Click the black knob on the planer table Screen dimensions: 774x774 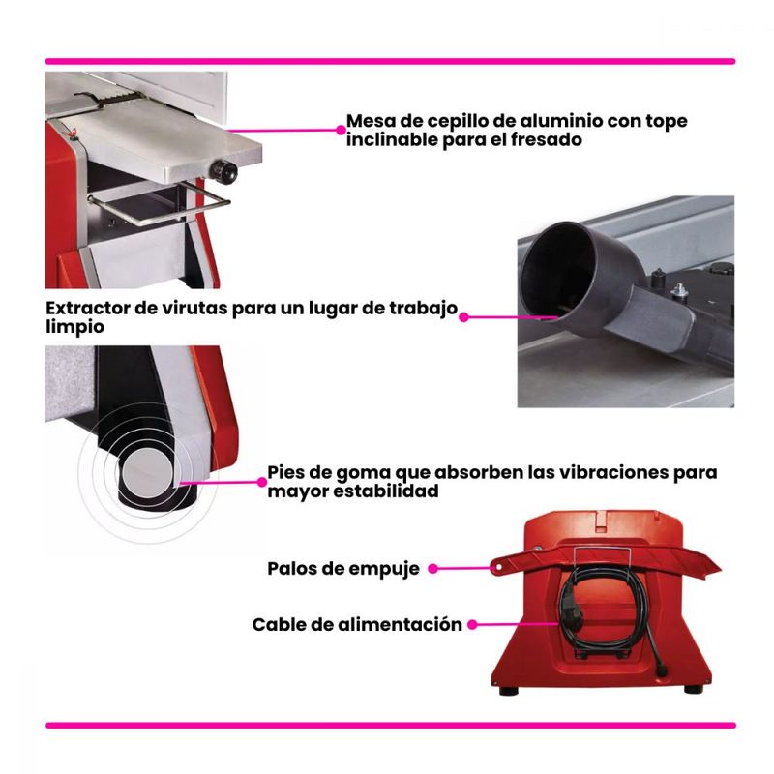(x=223, y=171)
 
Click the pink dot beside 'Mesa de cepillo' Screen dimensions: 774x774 (x=341, y=130)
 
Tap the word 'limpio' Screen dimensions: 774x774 (x=75, y=327)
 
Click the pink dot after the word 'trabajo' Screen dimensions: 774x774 (x=463, y=317)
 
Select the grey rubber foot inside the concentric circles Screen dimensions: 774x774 (x=147, y=473)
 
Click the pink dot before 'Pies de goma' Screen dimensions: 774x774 (x=262, y=482)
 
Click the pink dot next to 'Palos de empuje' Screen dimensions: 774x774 (x=432, y=569)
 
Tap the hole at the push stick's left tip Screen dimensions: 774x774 (x=498, y=568)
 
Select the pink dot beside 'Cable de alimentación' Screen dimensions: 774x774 (x=472, y=624)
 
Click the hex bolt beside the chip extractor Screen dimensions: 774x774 (x=680, y=291)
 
